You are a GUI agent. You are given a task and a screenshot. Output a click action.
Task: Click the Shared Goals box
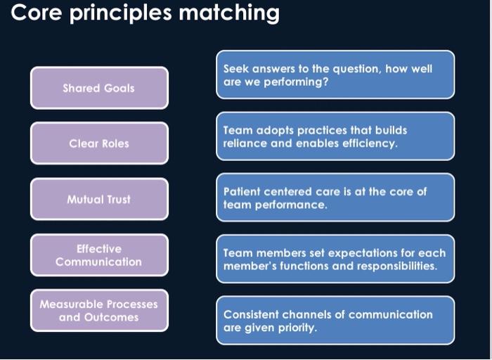[98, 88]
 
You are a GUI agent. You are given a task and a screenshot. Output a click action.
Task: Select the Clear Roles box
[98, 143]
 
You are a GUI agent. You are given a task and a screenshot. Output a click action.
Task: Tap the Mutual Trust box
[98, 199]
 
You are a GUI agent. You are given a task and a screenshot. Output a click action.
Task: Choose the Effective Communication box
[98, 255]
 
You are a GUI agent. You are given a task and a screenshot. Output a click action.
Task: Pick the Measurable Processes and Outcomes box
[98, 311]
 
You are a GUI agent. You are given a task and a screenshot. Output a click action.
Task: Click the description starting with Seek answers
[335, 75]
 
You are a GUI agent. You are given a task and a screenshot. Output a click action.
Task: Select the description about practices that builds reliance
[335, 136]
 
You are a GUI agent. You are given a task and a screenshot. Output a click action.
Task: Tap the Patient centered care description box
[335, 198]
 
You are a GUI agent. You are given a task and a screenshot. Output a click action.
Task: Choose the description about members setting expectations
[335, 259]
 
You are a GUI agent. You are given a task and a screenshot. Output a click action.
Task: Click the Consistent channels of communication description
[335, 321]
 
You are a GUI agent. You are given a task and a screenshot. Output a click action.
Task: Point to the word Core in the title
[35, 12]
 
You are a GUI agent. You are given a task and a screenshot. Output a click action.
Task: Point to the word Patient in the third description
[242, 191]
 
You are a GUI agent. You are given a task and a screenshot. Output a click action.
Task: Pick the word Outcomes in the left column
[111, 317]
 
